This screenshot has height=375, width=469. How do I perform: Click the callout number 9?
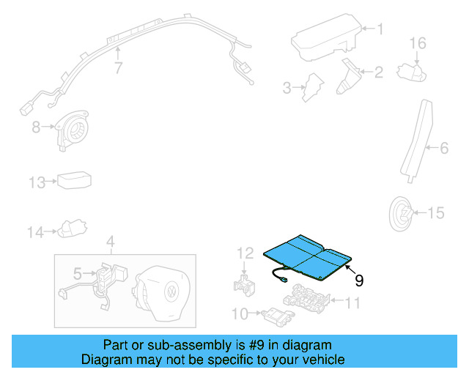[359, 280]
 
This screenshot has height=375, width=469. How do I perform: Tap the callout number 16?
[417, 44]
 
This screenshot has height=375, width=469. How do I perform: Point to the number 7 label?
[117, 69]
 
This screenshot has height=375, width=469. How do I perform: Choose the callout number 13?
[37, 182]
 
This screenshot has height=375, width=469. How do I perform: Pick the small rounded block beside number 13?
[74, 180]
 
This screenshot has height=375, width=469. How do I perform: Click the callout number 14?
[36, 233]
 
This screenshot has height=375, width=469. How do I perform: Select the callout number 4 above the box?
[110, 242]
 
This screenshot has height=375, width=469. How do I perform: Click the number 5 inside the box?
[77, 275]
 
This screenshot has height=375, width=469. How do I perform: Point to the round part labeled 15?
[402, 213]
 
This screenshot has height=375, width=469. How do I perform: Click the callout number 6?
[443, 149]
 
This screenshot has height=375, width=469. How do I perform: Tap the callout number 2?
[379, 72]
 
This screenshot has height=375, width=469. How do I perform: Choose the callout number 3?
[288, 89]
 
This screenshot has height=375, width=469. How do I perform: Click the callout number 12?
[243, 253]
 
